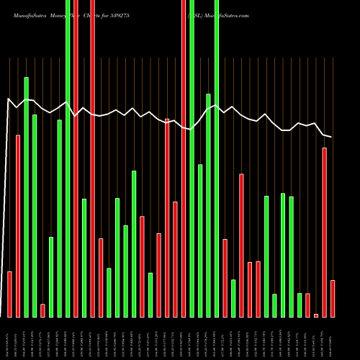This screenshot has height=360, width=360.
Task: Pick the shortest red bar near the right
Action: [316, 315]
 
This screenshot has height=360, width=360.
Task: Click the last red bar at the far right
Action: [333, 299]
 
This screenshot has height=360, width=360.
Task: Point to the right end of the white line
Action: [331, 137]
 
